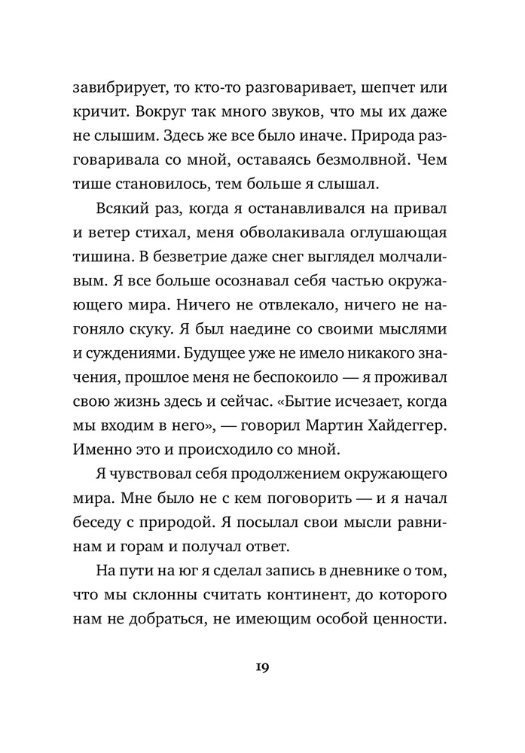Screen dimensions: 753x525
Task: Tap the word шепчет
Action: coord(396,88)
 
